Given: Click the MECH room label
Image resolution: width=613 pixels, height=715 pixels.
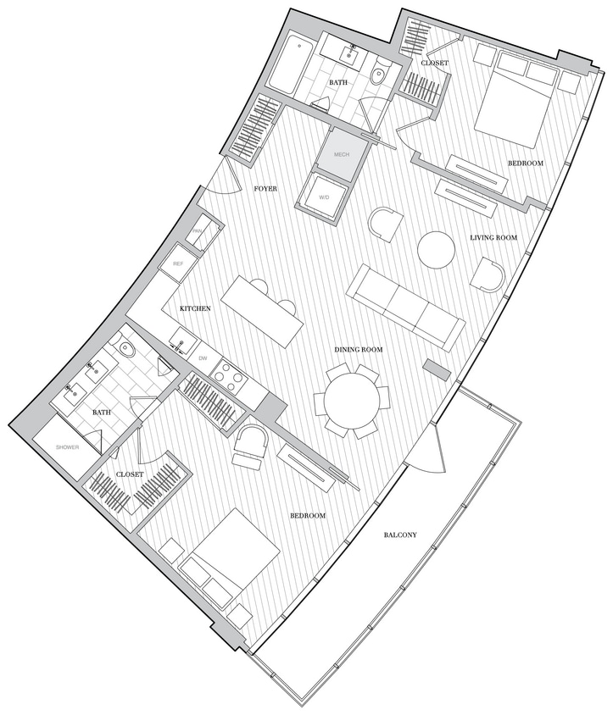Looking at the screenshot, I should [342, 155].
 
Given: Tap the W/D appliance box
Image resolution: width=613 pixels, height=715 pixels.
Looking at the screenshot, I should [324, 197].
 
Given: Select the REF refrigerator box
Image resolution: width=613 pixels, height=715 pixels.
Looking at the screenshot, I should [178, 264].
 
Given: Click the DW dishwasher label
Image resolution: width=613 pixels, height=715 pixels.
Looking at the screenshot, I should [202, 358].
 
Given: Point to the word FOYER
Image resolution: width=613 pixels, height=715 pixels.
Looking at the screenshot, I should [266, 188].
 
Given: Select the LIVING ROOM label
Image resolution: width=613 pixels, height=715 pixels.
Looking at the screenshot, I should [493, 238].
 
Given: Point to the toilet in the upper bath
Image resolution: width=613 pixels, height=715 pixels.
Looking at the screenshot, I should [381, 75].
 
